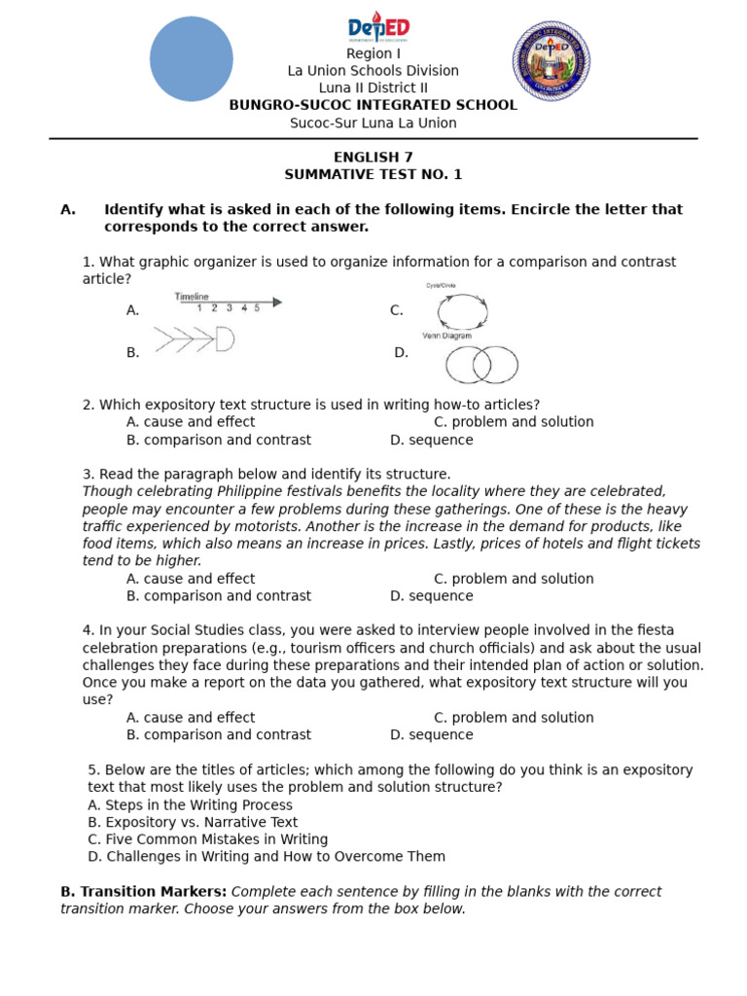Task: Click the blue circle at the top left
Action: [192, 59]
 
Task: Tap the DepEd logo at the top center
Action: [378, 27]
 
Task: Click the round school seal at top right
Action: [551, 61]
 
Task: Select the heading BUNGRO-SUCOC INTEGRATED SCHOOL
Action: [373, 105]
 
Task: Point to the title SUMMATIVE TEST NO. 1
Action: [373, 175]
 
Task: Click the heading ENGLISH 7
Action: [373, 158]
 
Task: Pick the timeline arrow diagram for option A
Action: [230, 302]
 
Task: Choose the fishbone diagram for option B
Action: [195, 339]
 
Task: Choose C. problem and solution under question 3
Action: [513, 579]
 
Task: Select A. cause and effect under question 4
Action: [191, 718]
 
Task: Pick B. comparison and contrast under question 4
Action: [219, 734]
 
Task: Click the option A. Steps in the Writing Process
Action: [190, 805]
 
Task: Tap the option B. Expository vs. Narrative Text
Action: [193, 822]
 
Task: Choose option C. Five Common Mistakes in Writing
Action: [207, 839]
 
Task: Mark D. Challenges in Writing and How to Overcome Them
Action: [266, 857]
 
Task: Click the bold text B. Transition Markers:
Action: [143, 892]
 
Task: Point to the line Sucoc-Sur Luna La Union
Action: [373, 123]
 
